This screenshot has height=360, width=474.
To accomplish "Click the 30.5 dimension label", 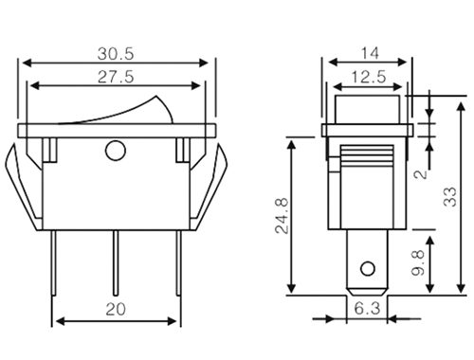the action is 116,54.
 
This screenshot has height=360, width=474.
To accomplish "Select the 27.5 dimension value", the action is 116,77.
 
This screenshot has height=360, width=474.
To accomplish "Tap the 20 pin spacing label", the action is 116,309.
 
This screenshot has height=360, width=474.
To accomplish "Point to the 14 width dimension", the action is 370,53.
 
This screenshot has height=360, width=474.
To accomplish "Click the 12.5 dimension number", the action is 369,77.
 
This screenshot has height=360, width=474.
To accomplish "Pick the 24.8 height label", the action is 282,216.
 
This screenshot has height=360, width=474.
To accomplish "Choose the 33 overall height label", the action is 450,197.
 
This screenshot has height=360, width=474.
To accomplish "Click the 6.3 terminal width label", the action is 367,309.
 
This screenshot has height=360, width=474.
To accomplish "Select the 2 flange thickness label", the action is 421,174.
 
